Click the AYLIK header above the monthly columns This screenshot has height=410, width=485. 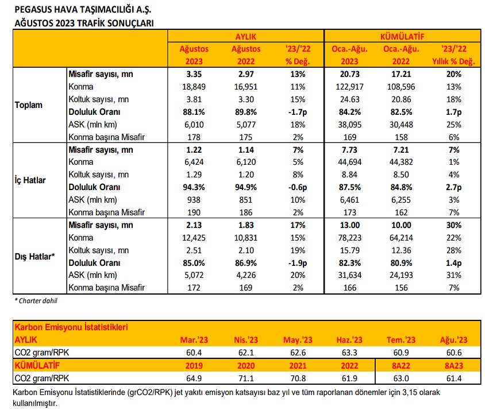pos(245,37)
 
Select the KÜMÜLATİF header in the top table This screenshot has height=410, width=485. pos(402,37)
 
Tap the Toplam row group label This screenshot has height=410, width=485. pos(29,105)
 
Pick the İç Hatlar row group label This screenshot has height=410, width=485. pos(30,180)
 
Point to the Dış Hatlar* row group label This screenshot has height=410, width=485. pos(34,257)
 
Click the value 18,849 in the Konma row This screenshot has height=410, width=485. pos(194,87)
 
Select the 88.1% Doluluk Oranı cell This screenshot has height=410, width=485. pos(194,112)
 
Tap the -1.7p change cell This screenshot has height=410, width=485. pos(298,112)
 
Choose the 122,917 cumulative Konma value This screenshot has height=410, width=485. pos(349,87)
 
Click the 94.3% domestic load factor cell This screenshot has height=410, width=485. pos(194,187)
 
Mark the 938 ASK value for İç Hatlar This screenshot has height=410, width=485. pos(194,200)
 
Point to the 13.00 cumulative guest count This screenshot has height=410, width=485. pos(349,225)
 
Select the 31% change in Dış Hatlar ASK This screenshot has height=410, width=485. pos(454,275)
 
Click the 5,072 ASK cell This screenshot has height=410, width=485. pos(194,275)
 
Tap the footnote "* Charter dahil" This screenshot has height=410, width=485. pos(36,301)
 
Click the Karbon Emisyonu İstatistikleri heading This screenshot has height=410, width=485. pos(71,327)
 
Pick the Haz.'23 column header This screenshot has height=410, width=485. pos(349,340)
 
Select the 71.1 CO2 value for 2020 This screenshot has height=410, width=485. pos(245,378)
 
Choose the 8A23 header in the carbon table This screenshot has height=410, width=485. pos(454,366)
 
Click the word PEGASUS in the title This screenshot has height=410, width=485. pos(33,10)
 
